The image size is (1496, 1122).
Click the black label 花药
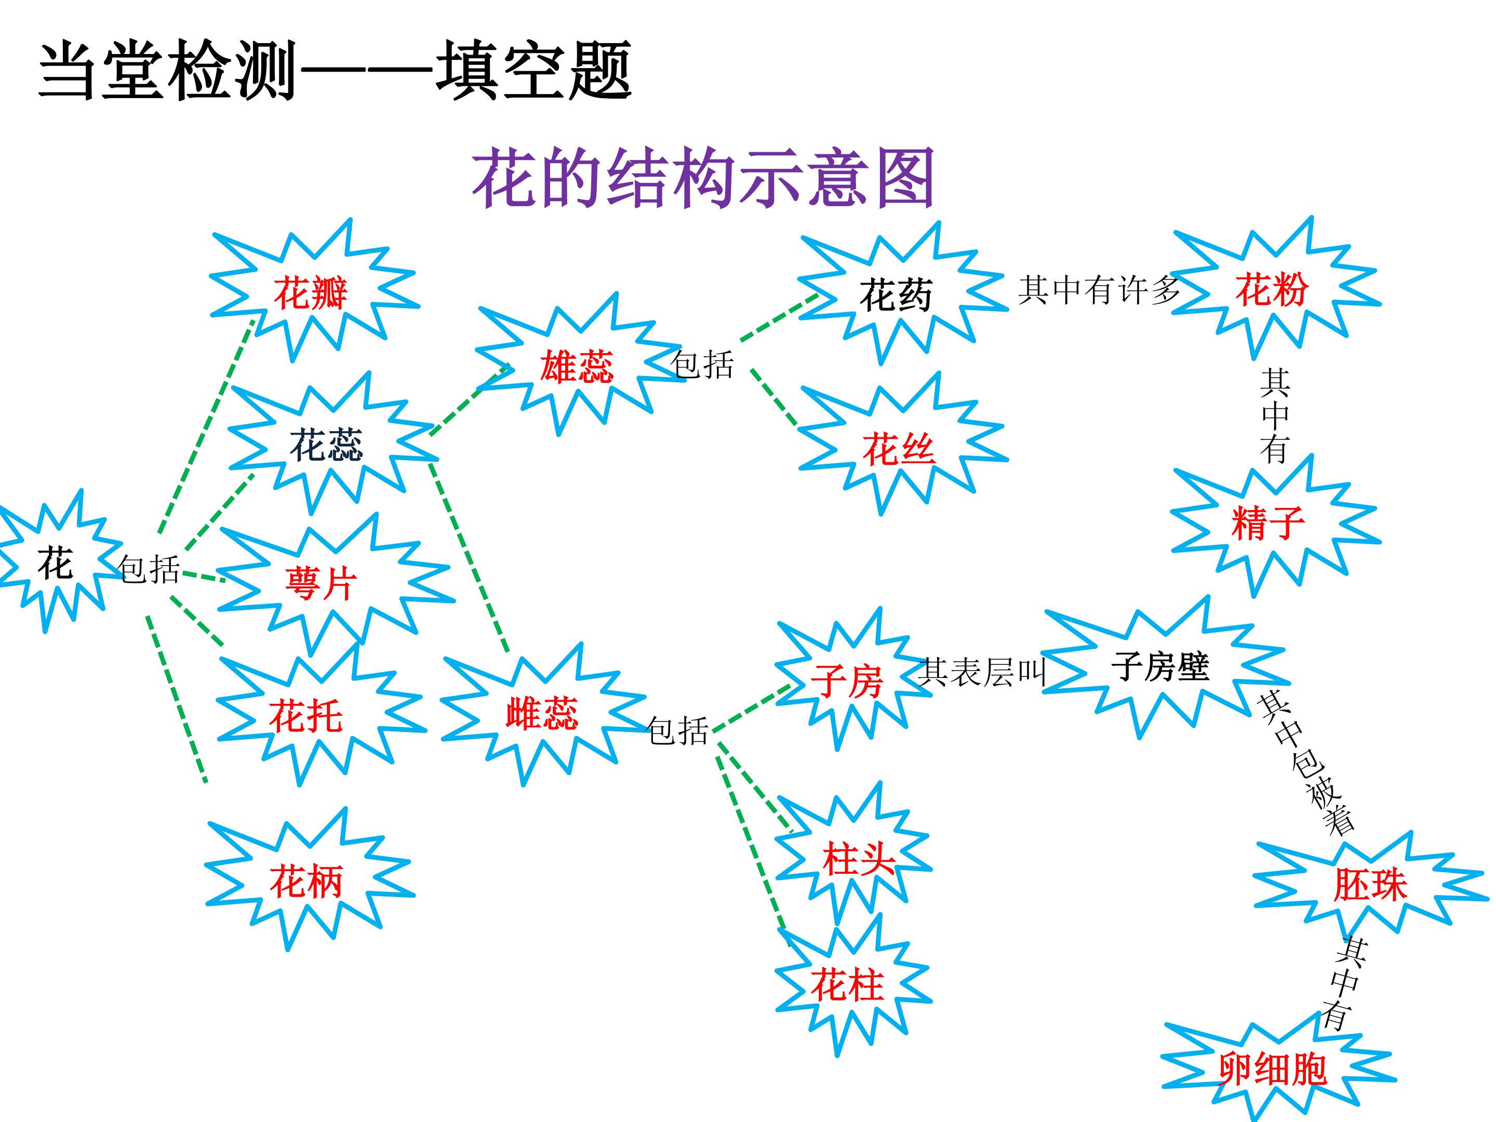tap(896, 296)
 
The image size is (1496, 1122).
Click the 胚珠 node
tap(1370, 885)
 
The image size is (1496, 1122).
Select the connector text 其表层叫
tap(982, 672)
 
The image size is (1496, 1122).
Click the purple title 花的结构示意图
tap(703, 178)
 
